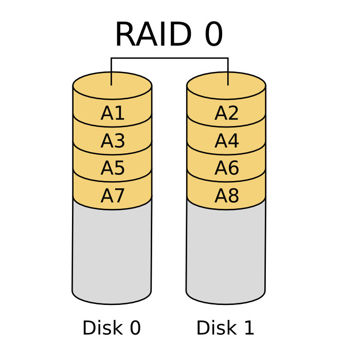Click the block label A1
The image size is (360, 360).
(x=113, y=114)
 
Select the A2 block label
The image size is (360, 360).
(x=227, y=114)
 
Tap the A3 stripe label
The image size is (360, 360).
(x=113, y=141)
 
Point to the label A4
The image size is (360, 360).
(x=227, y=141)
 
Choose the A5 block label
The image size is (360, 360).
(x=113, y=168)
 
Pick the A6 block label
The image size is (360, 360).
(x=227, y=168)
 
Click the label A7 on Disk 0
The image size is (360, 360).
(x=113, y=196)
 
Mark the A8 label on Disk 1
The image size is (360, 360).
(x=227, y=196)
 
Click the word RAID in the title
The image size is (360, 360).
(x=152, y=35)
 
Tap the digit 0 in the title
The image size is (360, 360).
(x=213, y=35)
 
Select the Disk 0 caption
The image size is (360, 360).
(x=112, y=328)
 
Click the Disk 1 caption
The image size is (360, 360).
(x=225, y=328)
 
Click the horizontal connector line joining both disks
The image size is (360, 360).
(x=170, y=58)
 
